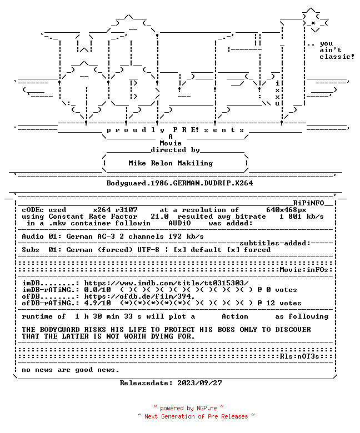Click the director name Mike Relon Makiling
click(x=171, y=163)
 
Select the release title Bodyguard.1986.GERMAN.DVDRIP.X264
click(x=179, y=183)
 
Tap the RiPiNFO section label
click(x=308, y=203)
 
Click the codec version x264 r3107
click(x=115, y=210)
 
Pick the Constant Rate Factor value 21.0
click(x=159, y=216)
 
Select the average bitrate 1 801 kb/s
click(x=302, y=216)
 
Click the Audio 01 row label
click(x=39, y=236)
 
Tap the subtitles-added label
click(x=275, y=243)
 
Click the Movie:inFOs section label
click(x=304, y=270)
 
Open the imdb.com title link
click(x=166, y=283)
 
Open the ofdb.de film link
click(x=139, y=296)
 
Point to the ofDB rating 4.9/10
click(x=98, y=303)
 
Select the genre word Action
click(x=235, y=316)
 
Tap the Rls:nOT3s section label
click(x=299, y=356)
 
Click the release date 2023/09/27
click(x=199, y=383)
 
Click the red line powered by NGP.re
click(x=189, y=408)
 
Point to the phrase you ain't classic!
click(x=337, y=51)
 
